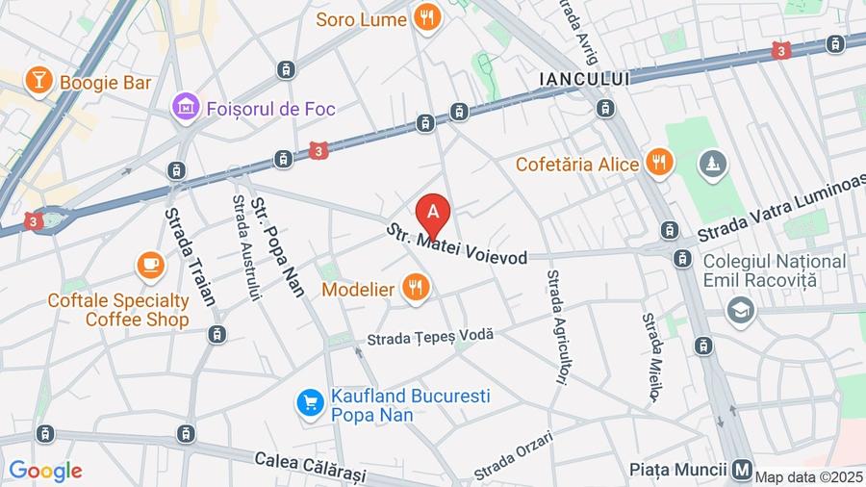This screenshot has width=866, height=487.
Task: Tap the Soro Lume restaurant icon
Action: [426, 15]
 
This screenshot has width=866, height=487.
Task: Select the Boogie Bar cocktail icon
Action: [38, 81]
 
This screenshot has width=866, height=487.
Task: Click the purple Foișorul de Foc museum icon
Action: [185, 108]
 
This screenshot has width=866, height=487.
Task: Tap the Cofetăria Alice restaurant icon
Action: [659, 163]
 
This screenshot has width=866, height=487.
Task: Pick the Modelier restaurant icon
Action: [416, 288]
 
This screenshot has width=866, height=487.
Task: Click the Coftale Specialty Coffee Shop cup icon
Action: [150, 266]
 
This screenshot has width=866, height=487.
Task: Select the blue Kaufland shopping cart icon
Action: [310, 402]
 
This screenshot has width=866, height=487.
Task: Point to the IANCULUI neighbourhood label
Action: [584, 78]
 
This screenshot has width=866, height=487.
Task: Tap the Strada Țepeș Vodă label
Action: [430, 336]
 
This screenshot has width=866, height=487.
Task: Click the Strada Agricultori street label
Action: [554, 327]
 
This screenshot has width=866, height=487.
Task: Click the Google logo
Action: [44, 471]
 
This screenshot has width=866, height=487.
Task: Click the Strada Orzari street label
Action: [514, 456]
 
